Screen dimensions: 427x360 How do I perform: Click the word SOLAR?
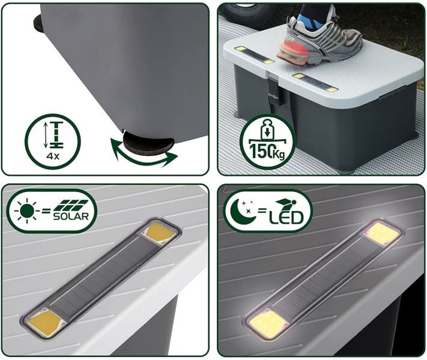coord(71,217)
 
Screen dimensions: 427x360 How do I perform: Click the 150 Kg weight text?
coord(267,152)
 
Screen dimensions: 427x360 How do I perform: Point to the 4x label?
coord(53,157)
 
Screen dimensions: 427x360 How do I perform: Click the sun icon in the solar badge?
coord(27,211)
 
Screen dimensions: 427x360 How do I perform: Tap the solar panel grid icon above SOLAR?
coord(71,205)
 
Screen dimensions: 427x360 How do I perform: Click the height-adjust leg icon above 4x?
coord(54,135)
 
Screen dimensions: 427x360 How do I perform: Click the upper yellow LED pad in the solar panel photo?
coord(160,232)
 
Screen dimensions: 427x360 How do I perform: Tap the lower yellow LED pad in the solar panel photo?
coord(44,322)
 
